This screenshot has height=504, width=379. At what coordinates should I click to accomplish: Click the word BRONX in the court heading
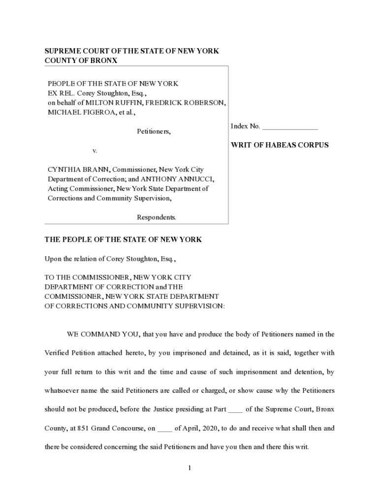[x=102, y=61]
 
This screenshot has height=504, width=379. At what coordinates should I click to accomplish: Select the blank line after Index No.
[x=290, y=127]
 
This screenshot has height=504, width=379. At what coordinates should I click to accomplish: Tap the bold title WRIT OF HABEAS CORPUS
[x=280, y=145]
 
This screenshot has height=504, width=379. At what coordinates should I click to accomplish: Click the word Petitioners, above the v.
[x=154, y=131]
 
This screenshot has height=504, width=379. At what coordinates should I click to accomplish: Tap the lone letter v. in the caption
[x=95, y=150]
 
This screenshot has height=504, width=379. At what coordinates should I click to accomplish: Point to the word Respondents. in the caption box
[x=156, y=217]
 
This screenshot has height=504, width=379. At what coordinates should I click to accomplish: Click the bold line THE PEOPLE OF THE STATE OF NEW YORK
[x=123, y=240]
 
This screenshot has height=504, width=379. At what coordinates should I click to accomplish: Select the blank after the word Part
[x=236, y=409]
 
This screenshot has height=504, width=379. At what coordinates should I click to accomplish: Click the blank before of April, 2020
[x=164, y=428]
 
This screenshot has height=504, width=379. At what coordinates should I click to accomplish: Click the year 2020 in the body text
[x=208, y=428]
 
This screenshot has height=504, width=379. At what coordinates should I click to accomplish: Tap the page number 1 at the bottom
[x=189, y=468]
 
